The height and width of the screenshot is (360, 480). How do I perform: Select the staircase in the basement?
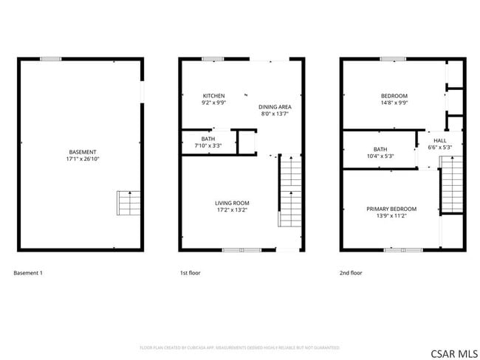128,202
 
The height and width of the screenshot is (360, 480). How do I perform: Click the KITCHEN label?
214,96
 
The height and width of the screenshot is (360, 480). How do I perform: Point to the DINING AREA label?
273,107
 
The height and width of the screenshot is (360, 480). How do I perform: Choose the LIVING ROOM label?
232,203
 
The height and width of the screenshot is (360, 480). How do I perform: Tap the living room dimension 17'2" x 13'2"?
232,210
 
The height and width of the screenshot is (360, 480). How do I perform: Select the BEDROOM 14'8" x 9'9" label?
394,96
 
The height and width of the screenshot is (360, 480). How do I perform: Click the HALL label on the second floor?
440,140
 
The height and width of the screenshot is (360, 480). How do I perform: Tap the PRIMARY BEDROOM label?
391,209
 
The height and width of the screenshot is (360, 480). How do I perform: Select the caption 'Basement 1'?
28,273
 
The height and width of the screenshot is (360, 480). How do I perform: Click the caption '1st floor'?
190,273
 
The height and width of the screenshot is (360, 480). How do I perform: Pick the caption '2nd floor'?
351,273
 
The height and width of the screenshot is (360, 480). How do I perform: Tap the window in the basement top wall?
51,59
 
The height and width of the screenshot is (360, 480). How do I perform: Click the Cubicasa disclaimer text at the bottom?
239,347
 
